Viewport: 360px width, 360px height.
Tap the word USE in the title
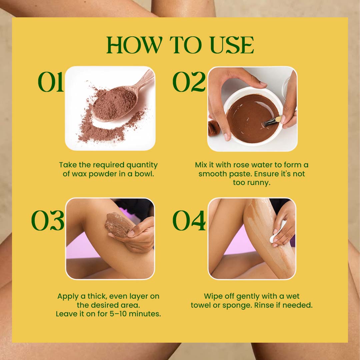click(x=232, y=45)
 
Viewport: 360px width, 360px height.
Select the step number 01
click(x=51, y=82)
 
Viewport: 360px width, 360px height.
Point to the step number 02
click(x=189, y=82)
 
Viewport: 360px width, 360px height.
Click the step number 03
click(x=48, y=220)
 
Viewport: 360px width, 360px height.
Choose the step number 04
click(x=189, y=220)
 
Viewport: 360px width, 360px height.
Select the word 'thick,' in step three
click(x=97, y=296)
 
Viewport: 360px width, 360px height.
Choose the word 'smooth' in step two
click(x=213, y=174)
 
